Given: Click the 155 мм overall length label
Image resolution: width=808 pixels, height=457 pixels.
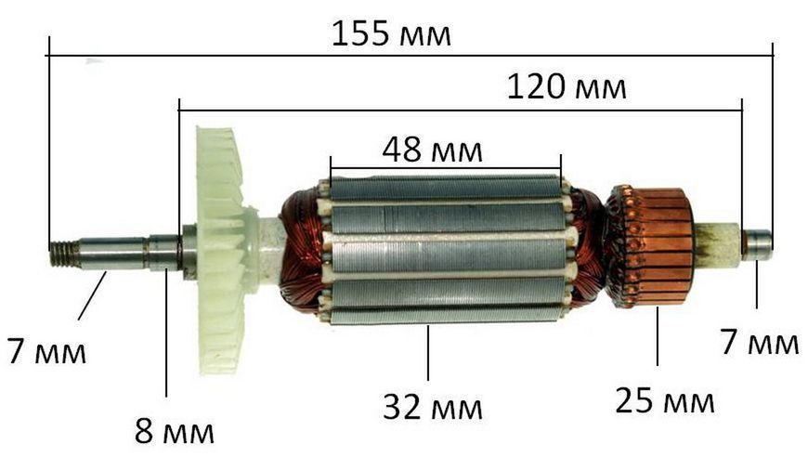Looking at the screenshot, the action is (x=391, y=33).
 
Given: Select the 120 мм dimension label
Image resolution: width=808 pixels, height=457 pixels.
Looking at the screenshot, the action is (x=567, y=86).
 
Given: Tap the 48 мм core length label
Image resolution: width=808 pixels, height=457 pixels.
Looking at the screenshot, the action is (x=433, y=150).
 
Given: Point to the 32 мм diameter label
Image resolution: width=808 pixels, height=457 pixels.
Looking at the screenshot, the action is (x=433, y=407).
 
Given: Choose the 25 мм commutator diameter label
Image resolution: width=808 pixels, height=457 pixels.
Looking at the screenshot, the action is (x=665, y=400).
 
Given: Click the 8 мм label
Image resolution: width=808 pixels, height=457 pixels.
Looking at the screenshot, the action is (x=175, y=431).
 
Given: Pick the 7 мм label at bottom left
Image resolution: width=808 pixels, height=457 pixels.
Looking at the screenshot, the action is (x=46, y=351).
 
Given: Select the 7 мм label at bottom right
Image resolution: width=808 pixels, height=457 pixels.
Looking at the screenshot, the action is (x=760, y=342).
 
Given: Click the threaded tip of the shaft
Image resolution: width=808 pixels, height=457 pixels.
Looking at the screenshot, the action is (x=60, y=255).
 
